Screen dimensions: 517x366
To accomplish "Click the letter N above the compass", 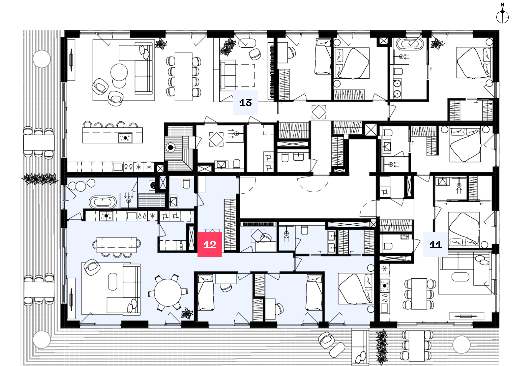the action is tap(502, 5).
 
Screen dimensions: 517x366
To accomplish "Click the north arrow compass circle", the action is tap(502, 17).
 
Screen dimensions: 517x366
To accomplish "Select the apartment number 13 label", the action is tap(245, 102).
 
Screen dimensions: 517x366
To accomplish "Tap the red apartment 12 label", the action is tap(210, 244).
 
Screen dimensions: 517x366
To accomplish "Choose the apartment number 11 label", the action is tap(436, 244).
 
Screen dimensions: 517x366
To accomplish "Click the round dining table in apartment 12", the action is tap(168, 293).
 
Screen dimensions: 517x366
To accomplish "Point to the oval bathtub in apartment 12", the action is tap(103, 202).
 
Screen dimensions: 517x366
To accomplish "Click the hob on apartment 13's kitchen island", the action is tap(125, 138).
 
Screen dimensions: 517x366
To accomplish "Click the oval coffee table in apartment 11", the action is tap(460, 277).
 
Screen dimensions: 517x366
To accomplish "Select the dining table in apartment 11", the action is tap(419, 294).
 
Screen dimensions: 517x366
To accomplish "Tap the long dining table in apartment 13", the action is tap(184, 77).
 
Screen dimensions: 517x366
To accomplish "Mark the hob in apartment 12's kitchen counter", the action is tap(106, 216).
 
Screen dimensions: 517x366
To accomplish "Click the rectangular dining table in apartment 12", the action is tap(117, 245).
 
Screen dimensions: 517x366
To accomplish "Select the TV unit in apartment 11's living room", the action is tap(467, 316).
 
